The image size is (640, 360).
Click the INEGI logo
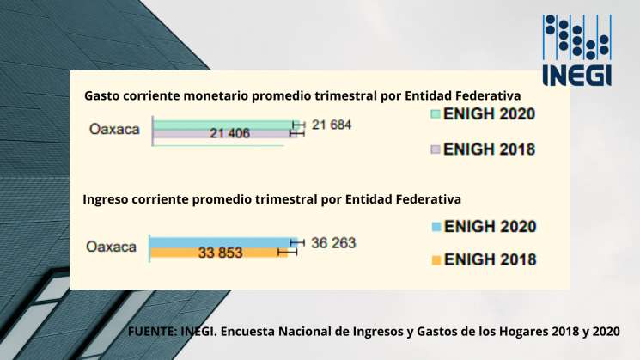point(577,49)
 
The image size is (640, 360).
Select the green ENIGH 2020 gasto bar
point(223,125)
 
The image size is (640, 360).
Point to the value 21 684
point(332,125)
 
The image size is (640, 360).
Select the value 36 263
point(332,243)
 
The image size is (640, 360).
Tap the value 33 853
point(221,253)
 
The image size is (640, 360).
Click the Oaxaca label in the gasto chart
point(117,131)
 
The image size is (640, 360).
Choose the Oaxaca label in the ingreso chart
point(112,247)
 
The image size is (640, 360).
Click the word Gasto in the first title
point(102,96)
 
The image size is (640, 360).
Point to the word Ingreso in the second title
point(106,199)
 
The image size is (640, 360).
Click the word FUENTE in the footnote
point(151,331)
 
